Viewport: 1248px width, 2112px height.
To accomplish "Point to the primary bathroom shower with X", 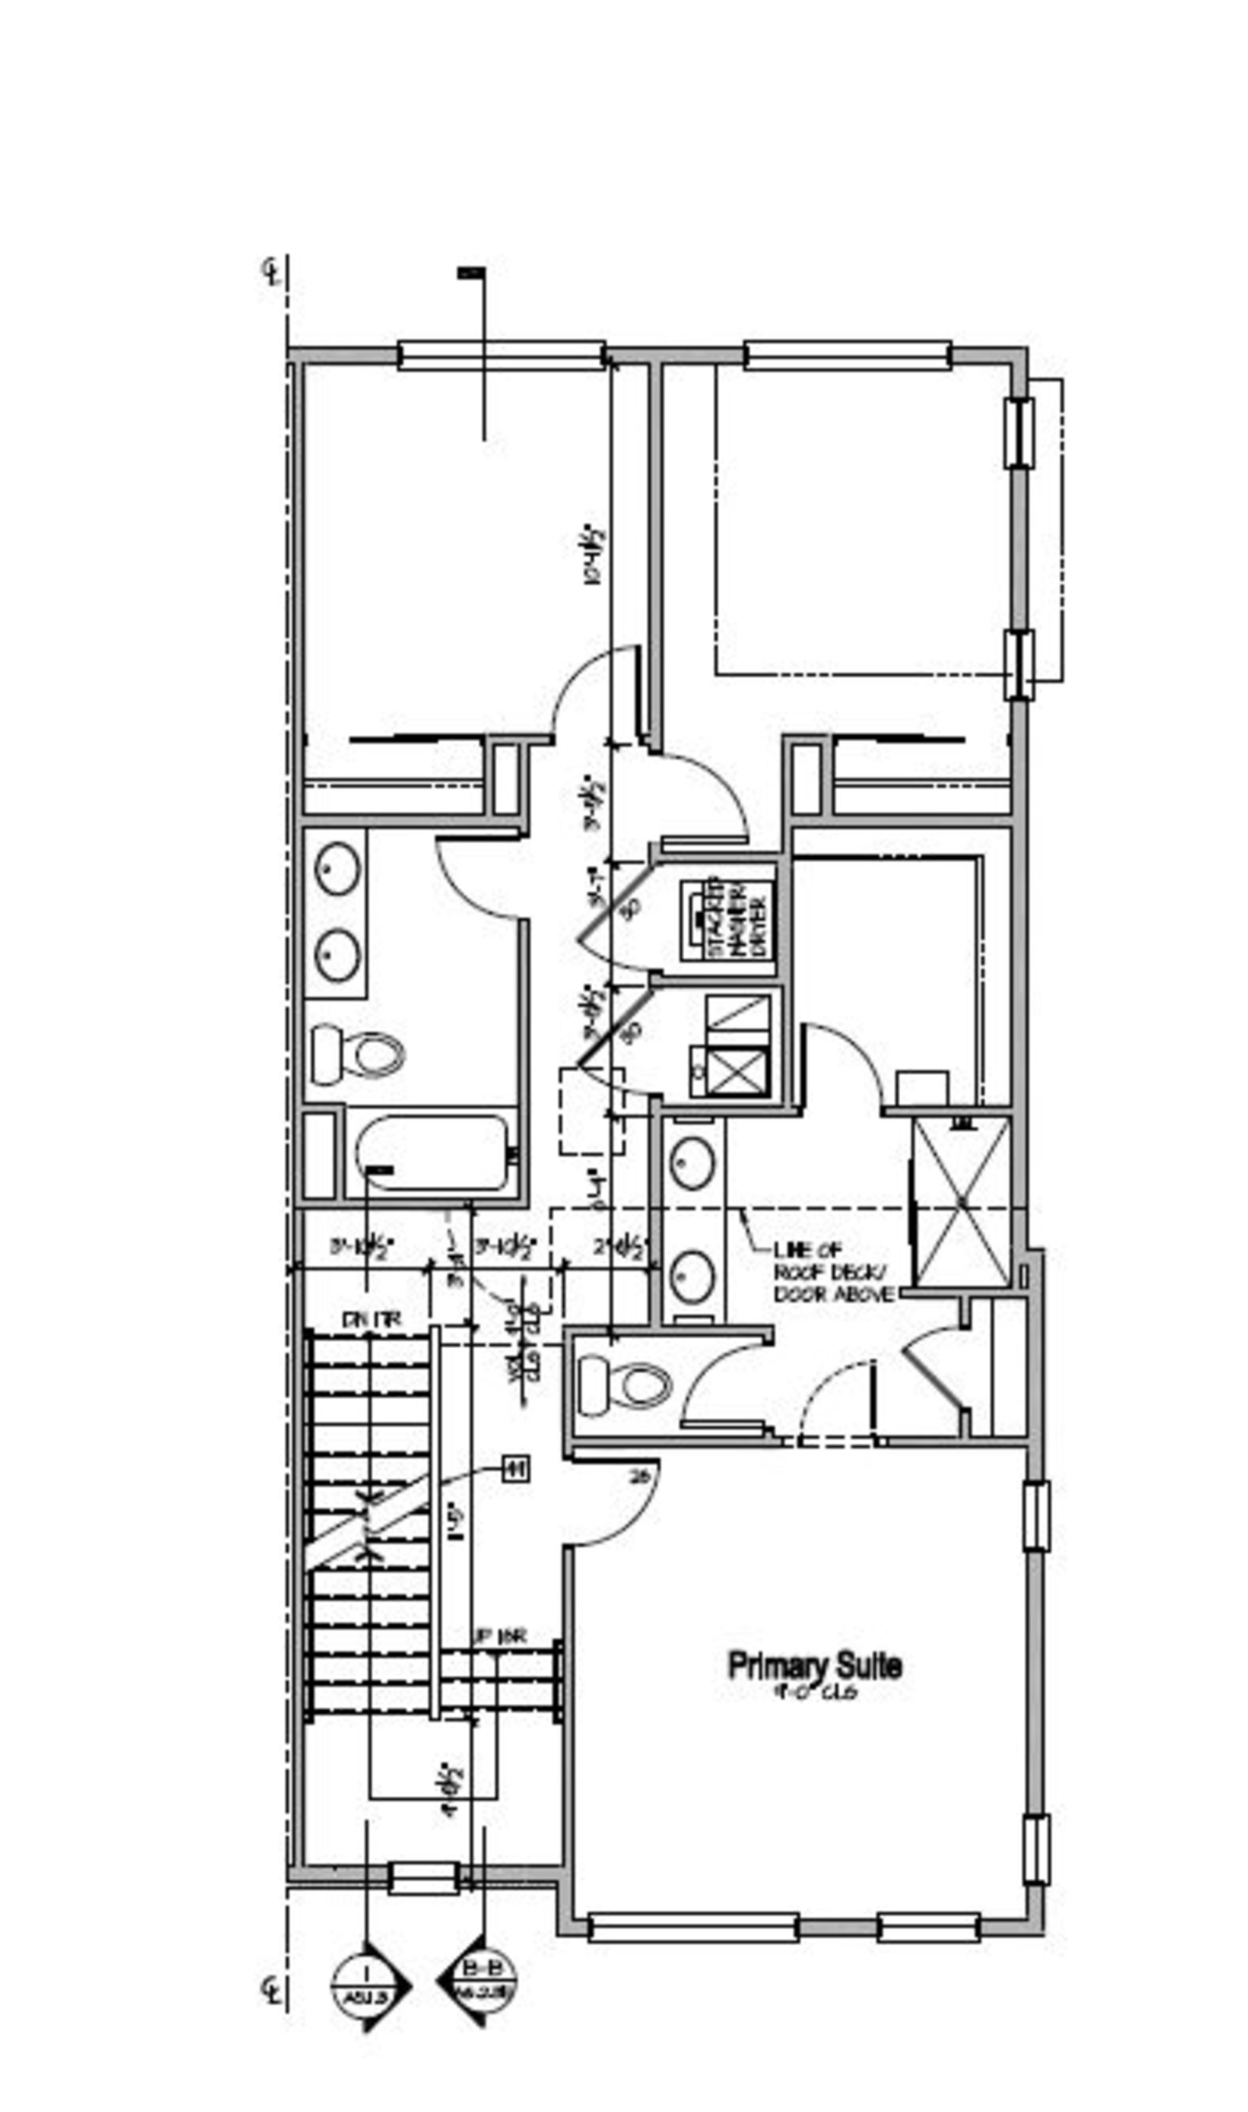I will (961, 1202).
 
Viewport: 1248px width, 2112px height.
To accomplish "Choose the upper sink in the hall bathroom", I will (338, 869).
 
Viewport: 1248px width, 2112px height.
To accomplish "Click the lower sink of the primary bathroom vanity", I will (693, 1276).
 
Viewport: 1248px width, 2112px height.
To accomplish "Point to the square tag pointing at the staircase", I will (516, 1469).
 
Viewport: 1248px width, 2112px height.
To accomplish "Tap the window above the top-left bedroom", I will (502, 356).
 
